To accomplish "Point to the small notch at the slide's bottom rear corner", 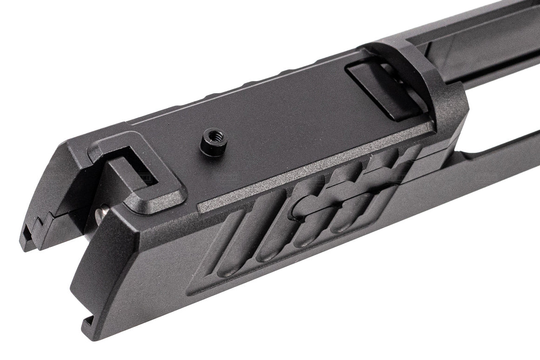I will (x=86, y=321).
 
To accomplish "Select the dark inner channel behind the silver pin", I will (x=79, y=219).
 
